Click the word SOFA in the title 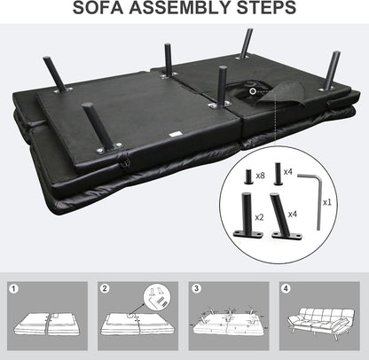(x=98, y=8)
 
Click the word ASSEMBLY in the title (x=181, y=8)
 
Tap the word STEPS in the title (x=267, y=8)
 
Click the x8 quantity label (x=260, y=176)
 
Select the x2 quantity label (x=259, y=217)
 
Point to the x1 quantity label (x=327, y=202)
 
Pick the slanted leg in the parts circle (x=284, y=216)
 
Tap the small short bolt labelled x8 (x=248, y=176)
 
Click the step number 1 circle (x=13, y=289)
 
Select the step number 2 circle (x=105, y=288)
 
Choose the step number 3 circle (x=196, y=288)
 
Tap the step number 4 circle (x=286, y=288)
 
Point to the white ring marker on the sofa (x=253, y=91)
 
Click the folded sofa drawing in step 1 (x=47, y=325)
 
